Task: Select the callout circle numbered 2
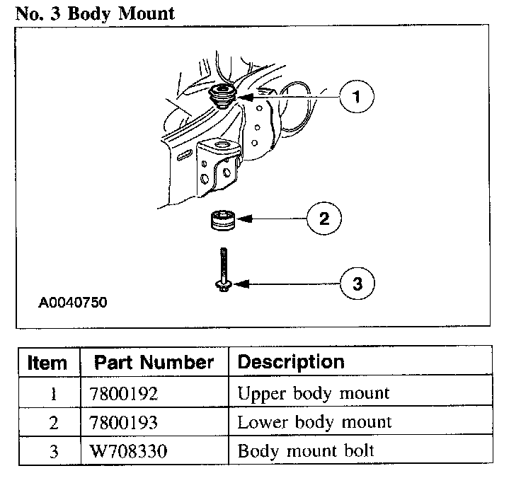pyautogui.click(x=324, y=218)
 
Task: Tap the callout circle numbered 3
pyautogui.click(x=357, y=284)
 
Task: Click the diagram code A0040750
pyautogui.click(x=73, y=303)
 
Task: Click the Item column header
pyautogui.click(x=48, y=363)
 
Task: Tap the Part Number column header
pyautogui.click(x=154, y=363)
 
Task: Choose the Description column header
pyautogui.click(x=291, y=362)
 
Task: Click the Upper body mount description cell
pyautogui.click(x=314, y=393)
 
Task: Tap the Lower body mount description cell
pyautogui.click(x=314, y=423)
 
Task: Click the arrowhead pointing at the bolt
pyautogui.click(x=237, y=284)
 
